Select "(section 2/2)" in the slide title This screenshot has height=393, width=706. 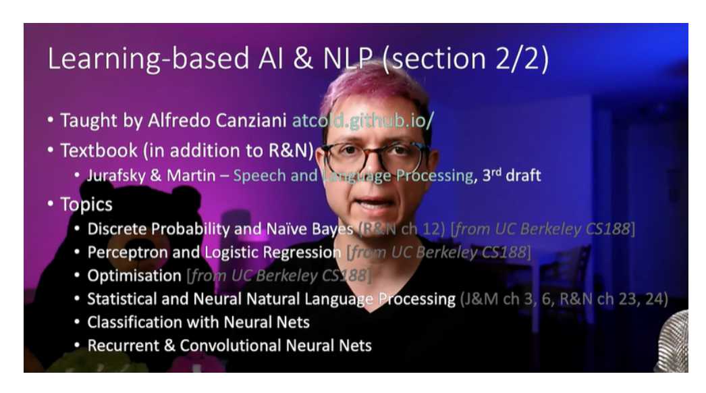click(465, 59)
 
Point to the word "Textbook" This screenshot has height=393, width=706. click(97, 150)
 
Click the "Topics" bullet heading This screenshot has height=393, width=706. click(86, 203)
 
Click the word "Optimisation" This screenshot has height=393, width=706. click(134, 276)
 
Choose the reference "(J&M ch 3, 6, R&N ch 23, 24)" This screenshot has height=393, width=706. click(564, 299)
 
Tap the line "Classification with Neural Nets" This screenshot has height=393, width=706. click(198, 322)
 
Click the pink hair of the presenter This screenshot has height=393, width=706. click(375, 88)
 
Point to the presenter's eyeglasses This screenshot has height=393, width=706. click(375, 158)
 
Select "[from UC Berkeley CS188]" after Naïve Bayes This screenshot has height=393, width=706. click(543, 229)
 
